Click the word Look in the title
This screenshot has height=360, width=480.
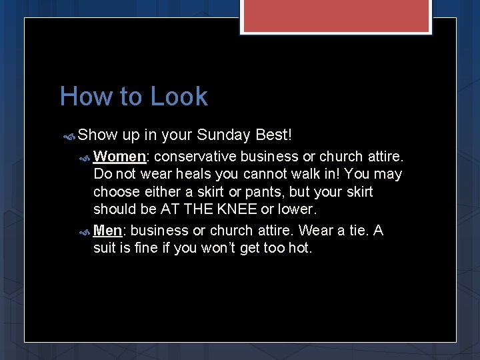pos(179,97)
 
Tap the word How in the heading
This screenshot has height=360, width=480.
pos(85,97)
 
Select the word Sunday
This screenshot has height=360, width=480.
pos(223,135)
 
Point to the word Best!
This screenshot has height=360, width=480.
pos(273,135)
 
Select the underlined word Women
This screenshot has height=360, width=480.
pos(119,157)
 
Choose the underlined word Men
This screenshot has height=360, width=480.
pos(107,231)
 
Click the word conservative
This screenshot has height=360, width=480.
pos(194,157)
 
